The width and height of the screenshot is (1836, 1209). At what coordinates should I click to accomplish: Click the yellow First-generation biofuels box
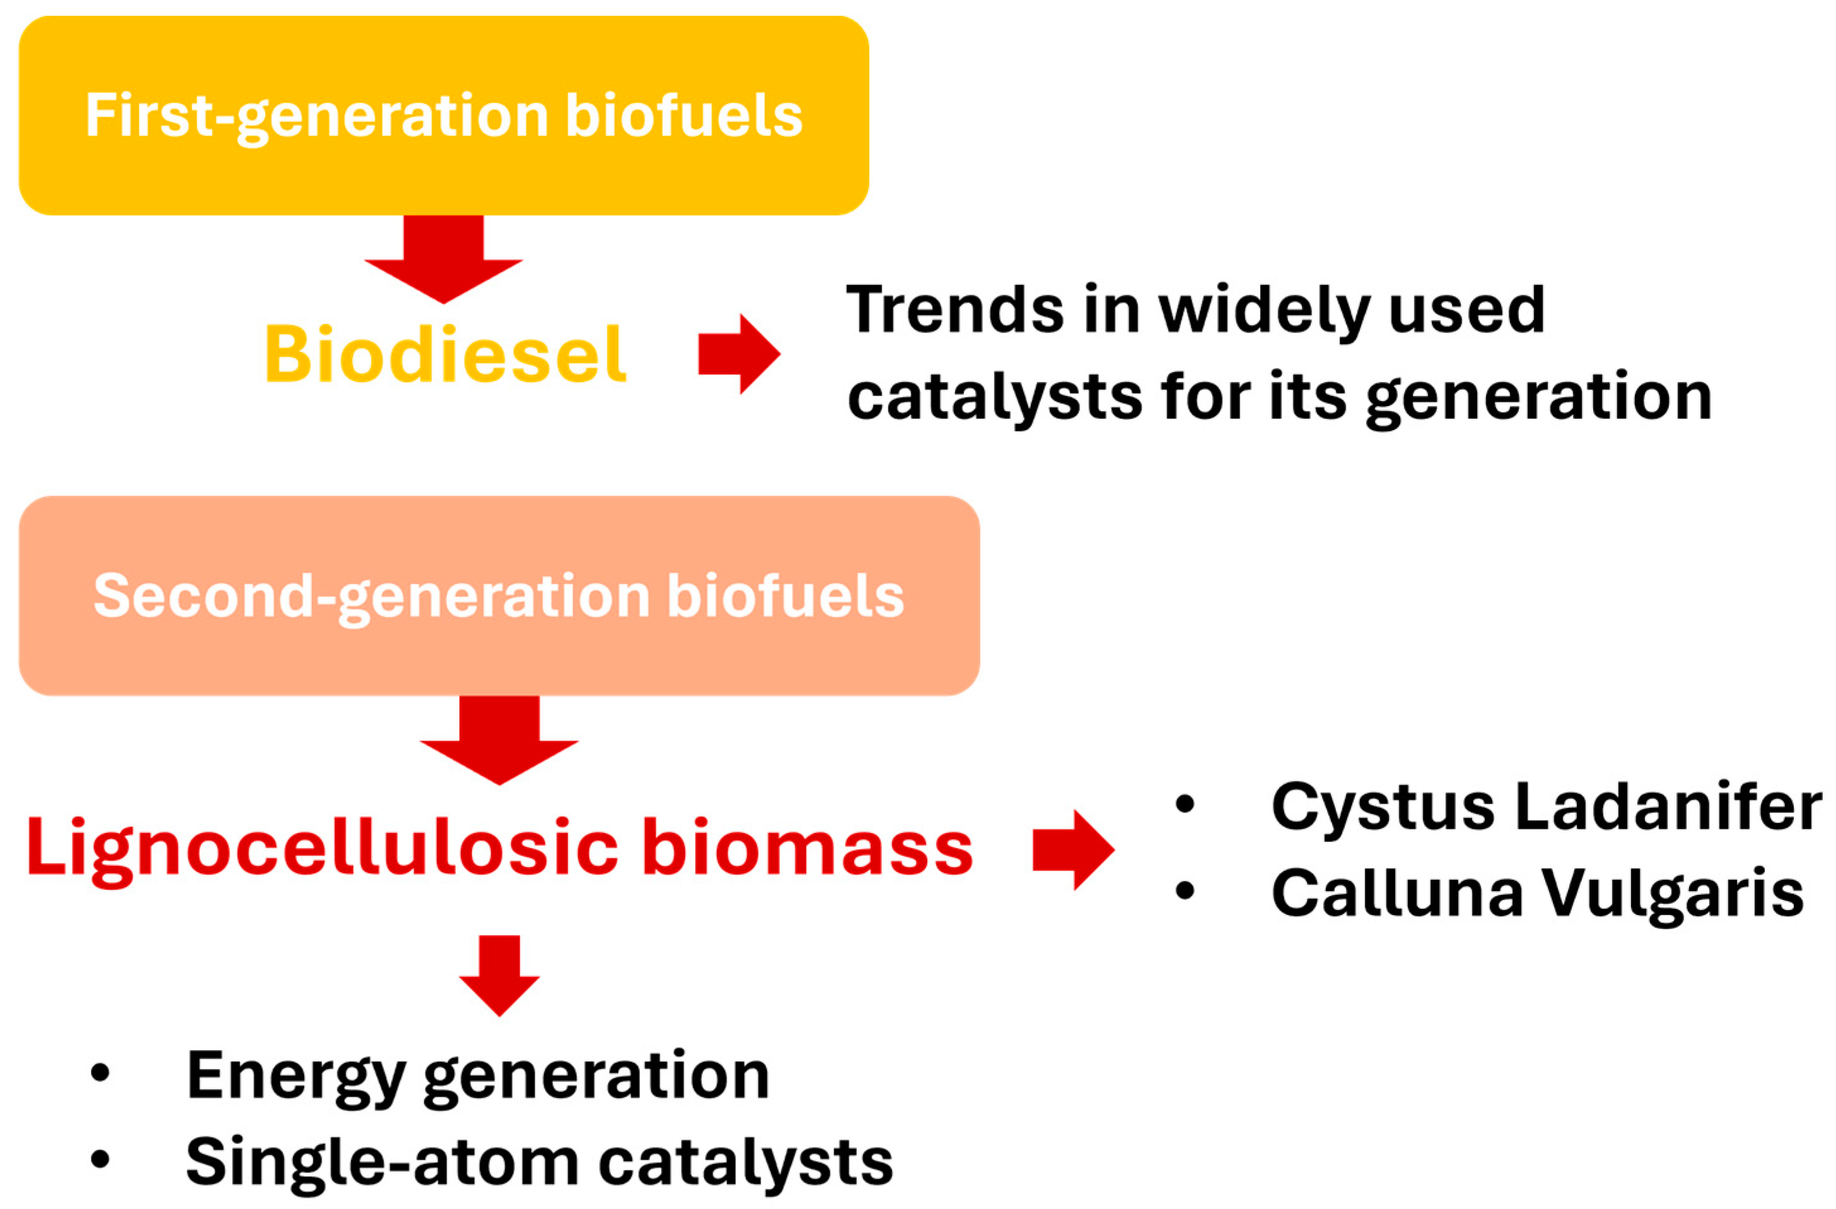tap(444, 116)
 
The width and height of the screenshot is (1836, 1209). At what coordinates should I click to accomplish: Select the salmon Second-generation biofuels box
tap(499, 595)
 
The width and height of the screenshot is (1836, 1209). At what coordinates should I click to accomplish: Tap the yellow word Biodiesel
tap(445, 354)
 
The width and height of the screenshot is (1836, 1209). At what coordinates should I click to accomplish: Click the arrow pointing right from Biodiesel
tap(739, 354)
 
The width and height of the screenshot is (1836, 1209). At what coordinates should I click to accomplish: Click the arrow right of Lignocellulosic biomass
tap(1073, 850)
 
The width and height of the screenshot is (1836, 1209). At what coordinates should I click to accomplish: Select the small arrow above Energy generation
tap(499, 976)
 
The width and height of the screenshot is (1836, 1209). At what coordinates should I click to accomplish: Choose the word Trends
tap(955, 310)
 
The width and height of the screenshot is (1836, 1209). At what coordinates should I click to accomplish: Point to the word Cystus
tap(1383, 808)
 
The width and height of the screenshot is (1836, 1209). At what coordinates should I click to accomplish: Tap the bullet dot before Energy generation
tap(100, 1073)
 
